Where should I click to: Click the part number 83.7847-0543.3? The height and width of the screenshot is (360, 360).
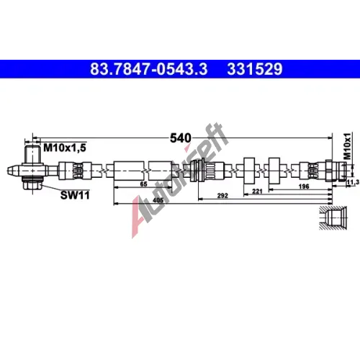[149, 69]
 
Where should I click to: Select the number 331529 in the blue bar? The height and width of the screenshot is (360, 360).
[255, 69]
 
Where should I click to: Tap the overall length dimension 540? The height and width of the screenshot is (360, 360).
[181, 138]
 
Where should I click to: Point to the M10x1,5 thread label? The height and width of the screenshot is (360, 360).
[65, 148]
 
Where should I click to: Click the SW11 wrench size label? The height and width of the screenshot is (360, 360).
[75, 195]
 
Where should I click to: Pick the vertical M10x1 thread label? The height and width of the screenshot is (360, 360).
[347, 146]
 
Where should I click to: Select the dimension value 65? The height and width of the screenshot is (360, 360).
[143, 184]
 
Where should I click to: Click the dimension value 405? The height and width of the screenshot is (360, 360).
[158, 200]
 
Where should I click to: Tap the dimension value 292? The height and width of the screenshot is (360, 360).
[222, 196]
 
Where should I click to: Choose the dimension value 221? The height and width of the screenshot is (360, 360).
[257, 192]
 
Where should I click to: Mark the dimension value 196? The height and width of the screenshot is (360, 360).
[304, 186]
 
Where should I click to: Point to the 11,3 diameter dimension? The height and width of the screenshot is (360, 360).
[354, 183]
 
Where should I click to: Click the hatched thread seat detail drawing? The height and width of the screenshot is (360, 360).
[333, 218]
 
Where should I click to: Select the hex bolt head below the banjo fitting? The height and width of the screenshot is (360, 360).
[32, 186]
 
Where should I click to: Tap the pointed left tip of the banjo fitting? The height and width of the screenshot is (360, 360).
[8, 171]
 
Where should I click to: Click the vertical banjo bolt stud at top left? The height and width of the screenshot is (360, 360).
[32, 154]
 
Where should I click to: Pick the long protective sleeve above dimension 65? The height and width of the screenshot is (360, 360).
[129, 171]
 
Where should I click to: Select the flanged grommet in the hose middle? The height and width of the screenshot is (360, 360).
[197, 171]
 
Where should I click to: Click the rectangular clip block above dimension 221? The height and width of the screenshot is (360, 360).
[249, 171]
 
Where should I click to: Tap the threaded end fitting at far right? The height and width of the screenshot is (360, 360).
[336, 170]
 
